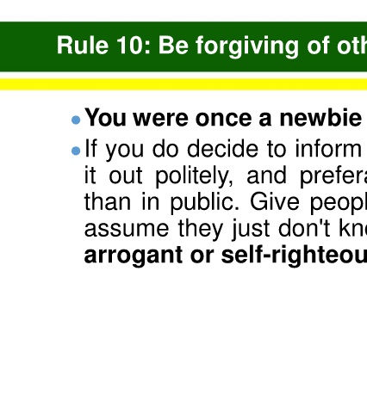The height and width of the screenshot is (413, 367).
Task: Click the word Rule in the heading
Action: pyautogui.click(x=83, y=46)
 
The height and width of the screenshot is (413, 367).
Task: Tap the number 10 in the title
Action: pyautogui.click(x=133, y=46)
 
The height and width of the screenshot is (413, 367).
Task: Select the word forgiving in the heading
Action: pyautogui.click(x=247, y=47)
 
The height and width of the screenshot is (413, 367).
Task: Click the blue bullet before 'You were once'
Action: pyautogui.click(x=76, y=120)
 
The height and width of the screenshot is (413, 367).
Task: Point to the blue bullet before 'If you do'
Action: pyautogui.click(x=76, y=151)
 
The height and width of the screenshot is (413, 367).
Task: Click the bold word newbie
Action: pyautogui.click(x=320, y=118)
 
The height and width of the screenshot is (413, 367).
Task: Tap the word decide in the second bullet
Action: pyautogui.click(x=222, y=149)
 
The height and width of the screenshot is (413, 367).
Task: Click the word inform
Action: pyautogui.click(x=327, y=149)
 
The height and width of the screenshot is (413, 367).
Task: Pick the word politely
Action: pyautogui.click(x=194, y=176)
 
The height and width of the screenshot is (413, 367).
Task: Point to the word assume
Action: pyautogui.click(x=127, y=230)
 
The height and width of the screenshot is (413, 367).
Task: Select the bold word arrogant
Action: pyautogui.click(x=134, y=256)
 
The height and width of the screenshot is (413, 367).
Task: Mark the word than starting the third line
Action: pyautogui.click(x=108, y=202)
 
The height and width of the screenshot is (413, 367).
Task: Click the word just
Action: pyautogui.click(x=251, y=230)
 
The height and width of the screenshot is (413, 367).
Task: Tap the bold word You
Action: pyautogui.click(x=106, y=118)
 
